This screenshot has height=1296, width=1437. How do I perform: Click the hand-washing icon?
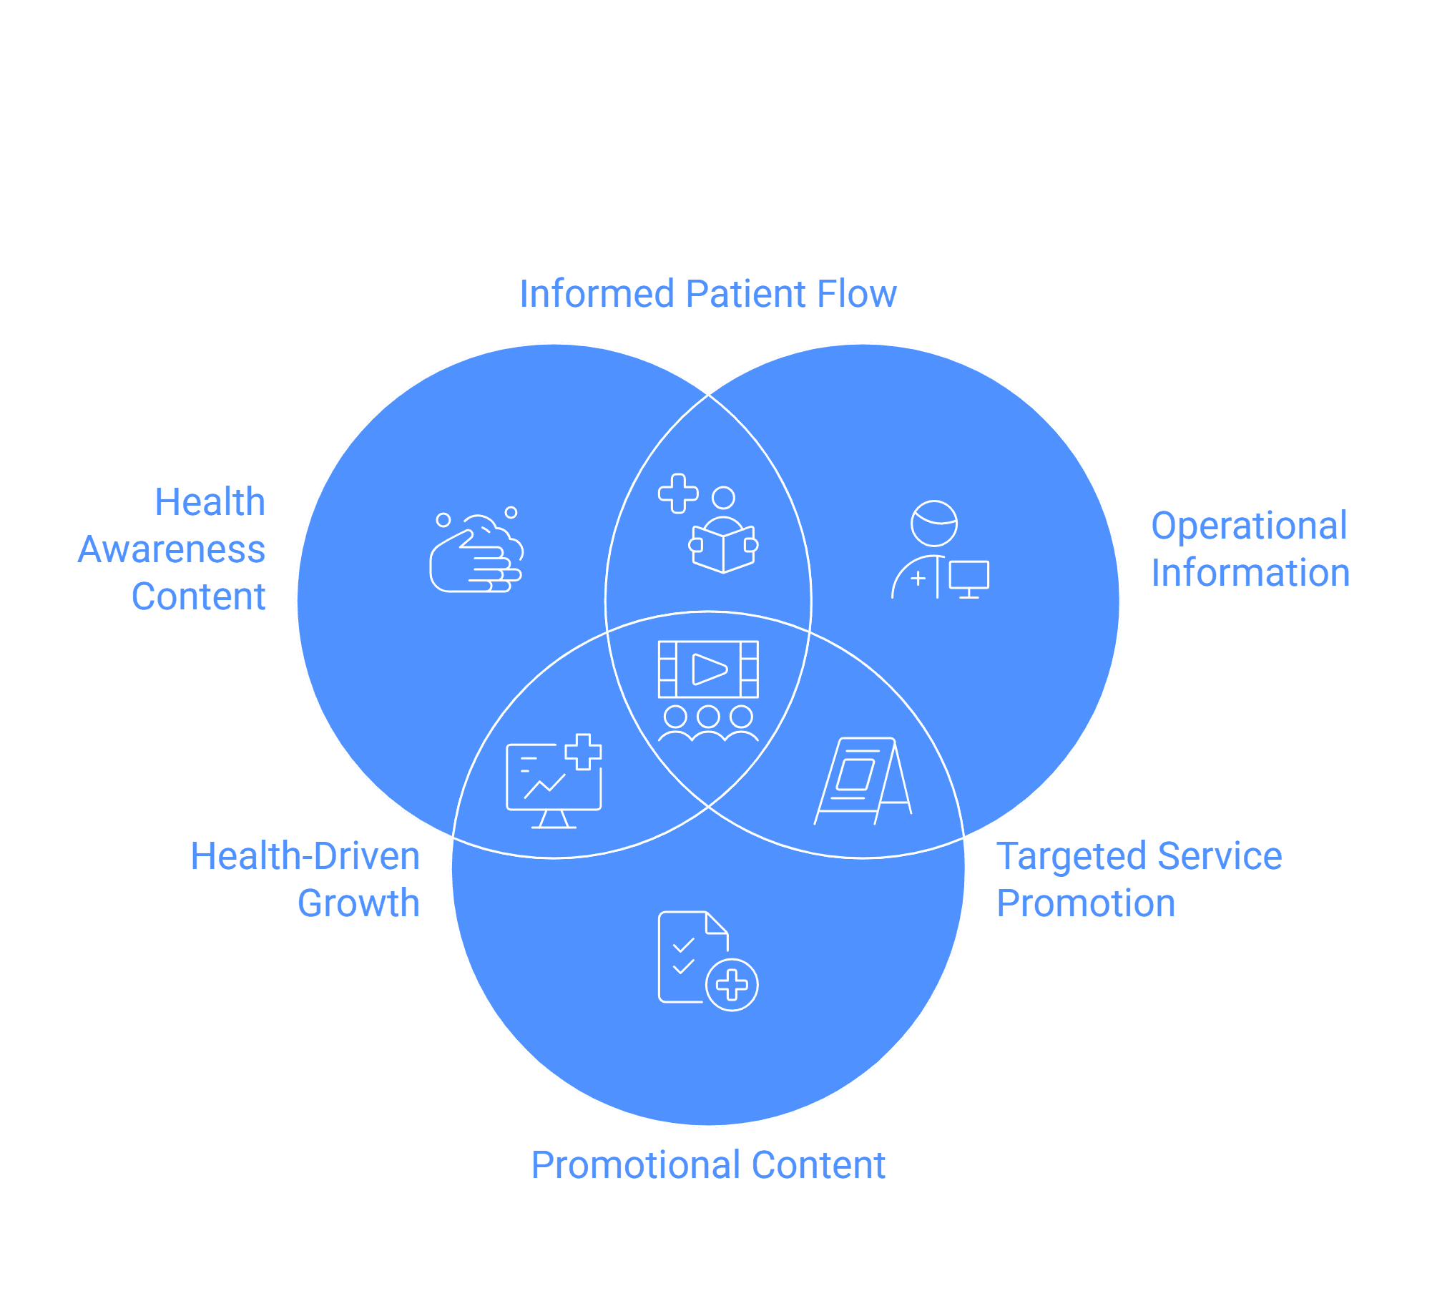coord(476,550)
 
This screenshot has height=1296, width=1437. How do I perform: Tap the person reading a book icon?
coord(722,531)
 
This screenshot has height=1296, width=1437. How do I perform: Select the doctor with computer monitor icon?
coord(940,549)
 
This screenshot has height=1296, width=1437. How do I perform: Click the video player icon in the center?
coord(708,691)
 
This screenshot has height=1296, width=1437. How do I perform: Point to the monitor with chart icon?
coord(554,781)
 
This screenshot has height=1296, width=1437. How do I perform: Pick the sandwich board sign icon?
coord(863,781)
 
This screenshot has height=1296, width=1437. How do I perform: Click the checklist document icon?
coord(707,961)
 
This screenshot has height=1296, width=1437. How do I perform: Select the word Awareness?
coord(172,549)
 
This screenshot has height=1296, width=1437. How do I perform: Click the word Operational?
coord(1249,526)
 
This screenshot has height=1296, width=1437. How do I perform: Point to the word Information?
coord(1250,573)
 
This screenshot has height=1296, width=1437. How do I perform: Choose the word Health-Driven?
coord(305,856)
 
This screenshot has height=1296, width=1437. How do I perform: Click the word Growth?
coord(358,903)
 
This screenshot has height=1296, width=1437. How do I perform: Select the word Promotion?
coord(1086,903)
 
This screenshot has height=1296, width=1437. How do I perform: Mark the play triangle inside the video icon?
coord(710,669)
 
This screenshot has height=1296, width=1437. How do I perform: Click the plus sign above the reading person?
coord(678,494)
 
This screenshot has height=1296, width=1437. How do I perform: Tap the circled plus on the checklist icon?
coord(732,985)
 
